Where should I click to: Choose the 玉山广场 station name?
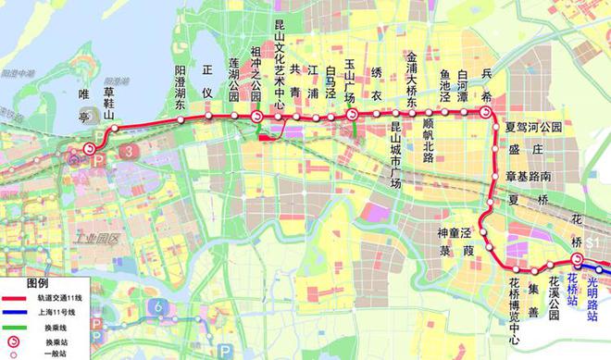pyautogui.click(x=350, y=79)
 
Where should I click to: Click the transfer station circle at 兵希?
pyautogui.click(x=485, y=112)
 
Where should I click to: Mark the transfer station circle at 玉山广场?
pyautogui.click(x=352, y=114)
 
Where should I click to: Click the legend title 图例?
pyautogui.click(x=37, y=282)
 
